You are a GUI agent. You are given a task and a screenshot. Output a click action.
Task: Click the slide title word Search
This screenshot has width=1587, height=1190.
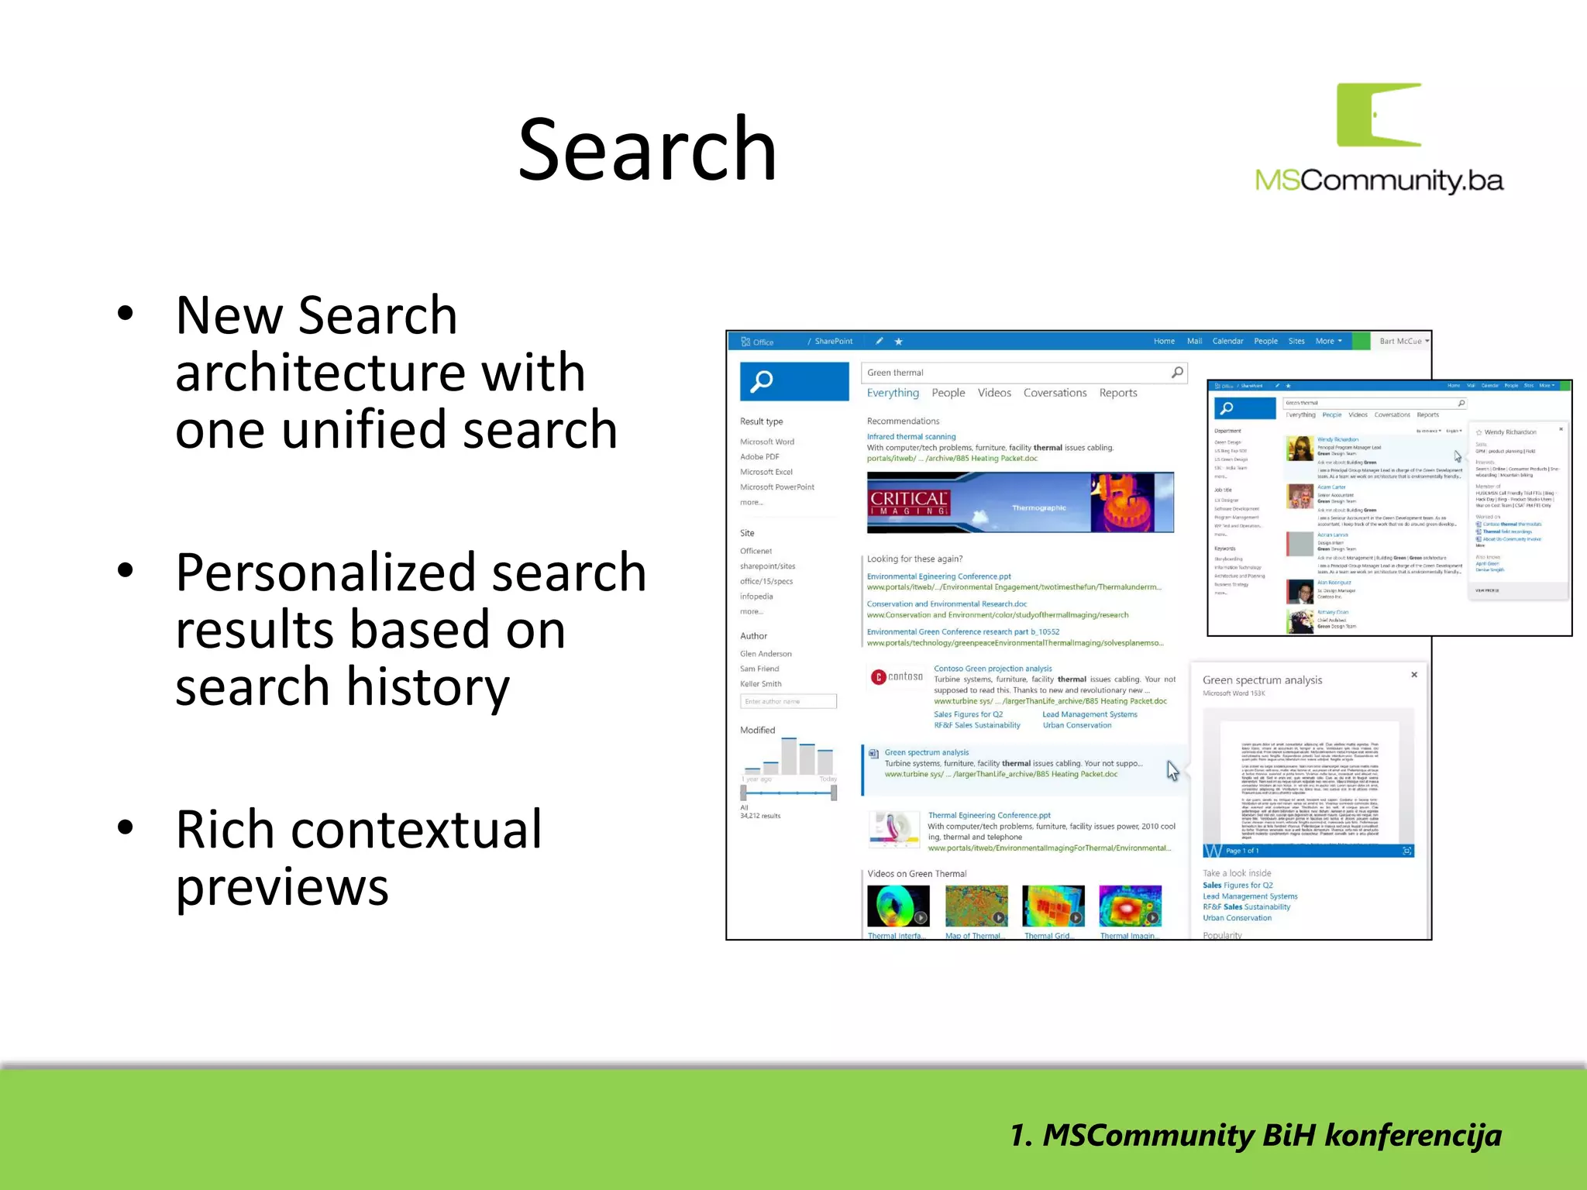click(x=647, y=150)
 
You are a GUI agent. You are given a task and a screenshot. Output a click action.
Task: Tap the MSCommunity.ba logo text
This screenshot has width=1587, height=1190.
click(x=1379, y=181)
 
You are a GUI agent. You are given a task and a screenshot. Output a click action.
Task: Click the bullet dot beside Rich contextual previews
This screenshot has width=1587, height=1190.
click(x=126, y=827)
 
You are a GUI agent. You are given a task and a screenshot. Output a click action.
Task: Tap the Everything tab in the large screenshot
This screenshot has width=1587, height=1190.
click(x=893, y=393)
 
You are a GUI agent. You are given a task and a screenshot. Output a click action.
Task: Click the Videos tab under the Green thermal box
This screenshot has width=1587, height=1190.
click(x=994, y=393)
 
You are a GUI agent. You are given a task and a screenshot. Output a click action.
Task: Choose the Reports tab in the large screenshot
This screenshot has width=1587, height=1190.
click(x=1118, y=393)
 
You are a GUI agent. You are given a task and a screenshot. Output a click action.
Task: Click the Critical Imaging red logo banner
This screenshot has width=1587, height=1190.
click(x=909, y=503)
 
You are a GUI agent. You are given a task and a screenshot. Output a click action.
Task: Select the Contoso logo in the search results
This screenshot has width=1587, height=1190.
click(x=897, y=677)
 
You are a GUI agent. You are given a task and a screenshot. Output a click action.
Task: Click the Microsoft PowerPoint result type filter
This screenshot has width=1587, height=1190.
click(x=777, y=487)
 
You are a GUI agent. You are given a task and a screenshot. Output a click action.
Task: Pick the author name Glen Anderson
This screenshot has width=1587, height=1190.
click(x=766, y=654)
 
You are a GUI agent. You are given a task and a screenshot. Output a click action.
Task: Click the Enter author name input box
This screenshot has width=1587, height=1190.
click(x=788, y=702)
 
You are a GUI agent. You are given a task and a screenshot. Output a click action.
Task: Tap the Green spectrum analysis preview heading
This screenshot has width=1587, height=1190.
click(x=1262, y=680)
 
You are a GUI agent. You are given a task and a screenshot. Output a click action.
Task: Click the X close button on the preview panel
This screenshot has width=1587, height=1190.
click(x=1414, y=675)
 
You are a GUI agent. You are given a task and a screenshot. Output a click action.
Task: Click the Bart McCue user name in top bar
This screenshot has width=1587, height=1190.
click(x=1400, y=341)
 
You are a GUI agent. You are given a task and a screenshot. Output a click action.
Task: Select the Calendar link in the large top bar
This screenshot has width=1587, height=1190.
click(x=1227, y=341)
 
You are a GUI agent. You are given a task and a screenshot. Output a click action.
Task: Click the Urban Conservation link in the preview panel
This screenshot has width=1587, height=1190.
click(x=1237, y=918)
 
